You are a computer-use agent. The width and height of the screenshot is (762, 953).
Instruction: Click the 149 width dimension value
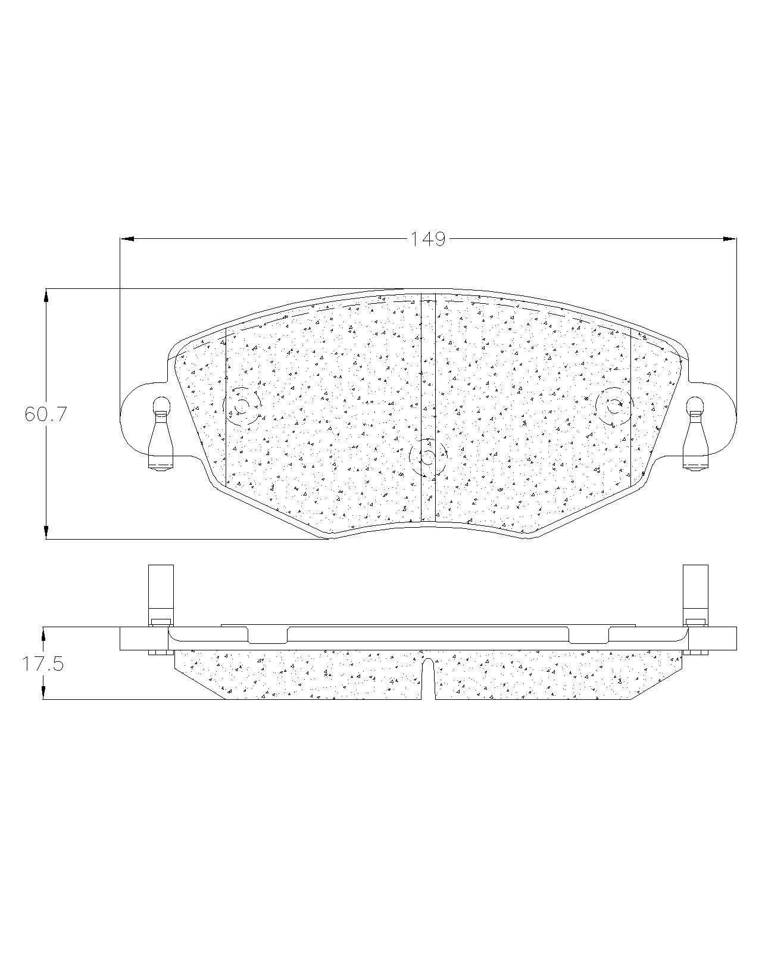click(x=427, y=239)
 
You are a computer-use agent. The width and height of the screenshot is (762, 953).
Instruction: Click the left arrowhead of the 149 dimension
click(x=127, y=239)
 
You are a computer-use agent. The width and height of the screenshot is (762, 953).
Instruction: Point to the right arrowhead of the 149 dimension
click(x=730, y=239)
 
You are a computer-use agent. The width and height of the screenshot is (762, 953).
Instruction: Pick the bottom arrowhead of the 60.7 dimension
click(x=46, y=532)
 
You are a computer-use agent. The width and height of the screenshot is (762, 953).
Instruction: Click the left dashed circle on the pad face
click(x=242, y=406)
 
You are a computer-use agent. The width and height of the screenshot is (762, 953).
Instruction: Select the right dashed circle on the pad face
click(x=614, y=406)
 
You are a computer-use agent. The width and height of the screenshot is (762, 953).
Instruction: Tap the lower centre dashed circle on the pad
click(x=428, y=457)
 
